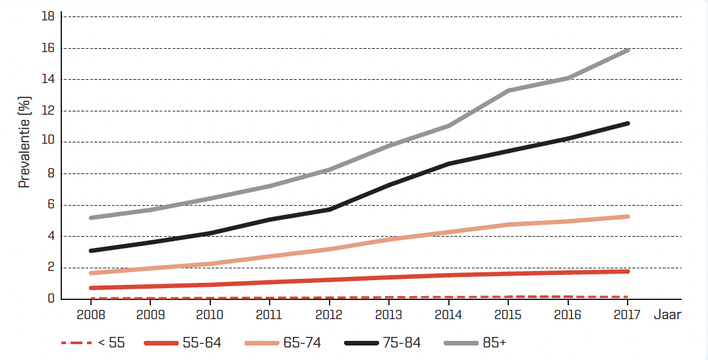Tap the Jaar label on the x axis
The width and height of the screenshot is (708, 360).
coord(667,315)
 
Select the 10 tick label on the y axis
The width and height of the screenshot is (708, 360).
coord(47,142)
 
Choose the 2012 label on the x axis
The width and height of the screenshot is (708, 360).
coord(329,315)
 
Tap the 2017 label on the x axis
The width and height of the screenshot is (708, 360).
coord(628,315)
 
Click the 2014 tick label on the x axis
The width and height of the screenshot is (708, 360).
coord(448,315)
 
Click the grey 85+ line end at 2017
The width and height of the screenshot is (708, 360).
coord(628,50)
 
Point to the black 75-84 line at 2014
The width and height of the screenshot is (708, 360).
coord(449,164)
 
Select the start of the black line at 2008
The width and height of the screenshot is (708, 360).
coord(90,251)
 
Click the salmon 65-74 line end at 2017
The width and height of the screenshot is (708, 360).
coord(628,216)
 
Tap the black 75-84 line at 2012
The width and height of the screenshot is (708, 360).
coord(330,209)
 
